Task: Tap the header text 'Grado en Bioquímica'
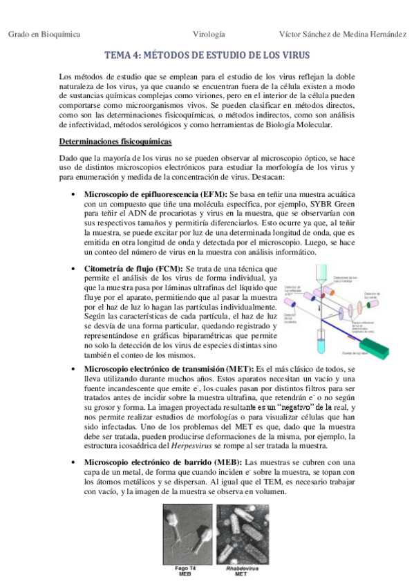click(x=44, y=34)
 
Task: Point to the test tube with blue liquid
click(x=320, y=341)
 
